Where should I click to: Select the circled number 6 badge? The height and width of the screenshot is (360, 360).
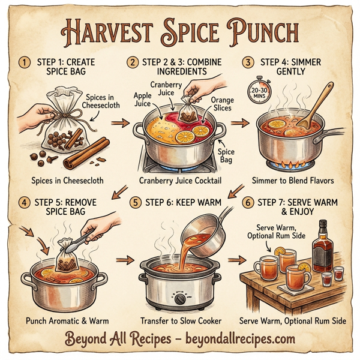coord(247,203)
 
